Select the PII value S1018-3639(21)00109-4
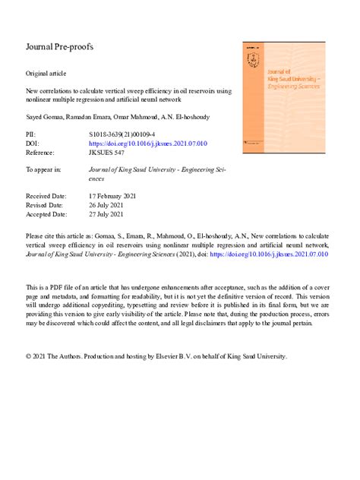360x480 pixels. [126, 134]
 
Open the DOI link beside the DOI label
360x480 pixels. [148, 143]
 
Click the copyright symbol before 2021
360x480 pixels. [29, 355]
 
